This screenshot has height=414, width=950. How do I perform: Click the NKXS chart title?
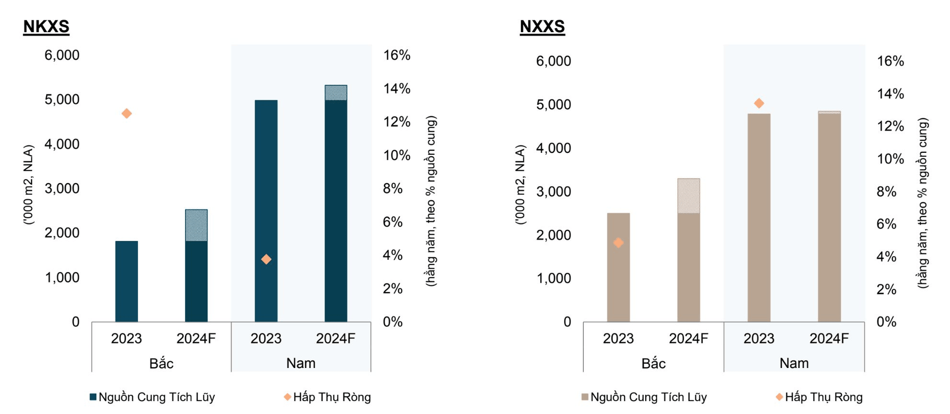[x=46, y=26]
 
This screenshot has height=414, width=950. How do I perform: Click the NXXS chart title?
[x=542, y=26]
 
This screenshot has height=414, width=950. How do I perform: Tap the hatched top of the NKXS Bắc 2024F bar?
[x=196, y=226]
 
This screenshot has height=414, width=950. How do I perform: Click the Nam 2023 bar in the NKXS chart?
[x=266, y=198]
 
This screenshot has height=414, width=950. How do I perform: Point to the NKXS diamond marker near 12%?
[x=127, y=114]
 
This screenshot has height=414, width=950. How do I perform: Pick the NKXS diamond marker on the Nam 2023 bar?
[x=266, y=259]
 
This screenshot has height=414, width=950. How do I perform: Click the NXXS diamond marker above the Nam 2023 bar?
[x=759, y=103]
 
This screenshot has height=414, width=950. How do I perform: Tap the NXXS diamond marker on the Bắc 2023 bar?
[x=618, y=242]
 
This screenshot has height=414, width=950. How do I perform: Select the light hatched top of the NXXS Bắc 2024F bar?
[x=688, y=196]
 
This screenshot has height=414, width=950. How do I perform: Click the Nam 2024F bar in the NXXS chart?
[x=829, y=218]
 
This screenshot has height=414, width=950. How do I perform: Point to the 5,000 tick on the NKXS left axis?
[x=62, y=99]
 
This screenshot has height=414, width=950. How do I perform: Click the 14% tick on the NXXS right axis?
[x=890, y=93]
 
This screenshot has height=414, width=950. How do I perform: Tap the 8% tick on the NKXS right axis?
[x=392, y=188]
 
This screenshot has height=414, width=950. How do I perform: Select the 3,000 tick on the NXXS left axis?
[x=553, y=191]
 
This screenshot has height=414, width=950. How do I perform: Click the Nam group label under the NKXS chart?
[x=300, y=363]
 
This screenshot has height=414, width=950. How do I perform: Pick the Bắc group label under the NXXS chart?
[x=653, y=364]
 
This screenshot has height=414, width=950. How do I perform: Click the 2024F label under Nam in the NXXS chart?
[x=829, y=338]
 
